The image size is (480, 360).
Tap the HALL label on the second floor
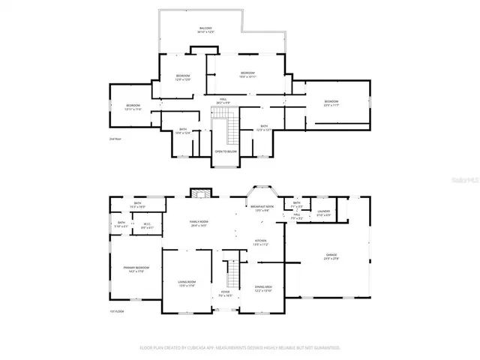[223, 100]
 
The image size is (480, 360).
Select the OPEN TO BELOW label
[226, 151]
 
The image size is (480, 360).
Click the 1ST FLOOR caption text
[116, 310]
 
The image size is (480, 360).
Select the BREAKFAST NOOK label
[259, 208]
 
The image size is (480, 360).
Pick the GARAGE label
[331, 256]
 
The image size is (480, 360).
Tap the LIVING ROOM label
[186, 284]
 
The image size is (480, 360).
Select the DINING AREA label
[263, 288]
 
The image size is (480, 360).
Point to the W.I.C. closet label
[148, 224]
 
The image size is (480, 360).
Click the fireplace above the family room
[198, 193]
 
